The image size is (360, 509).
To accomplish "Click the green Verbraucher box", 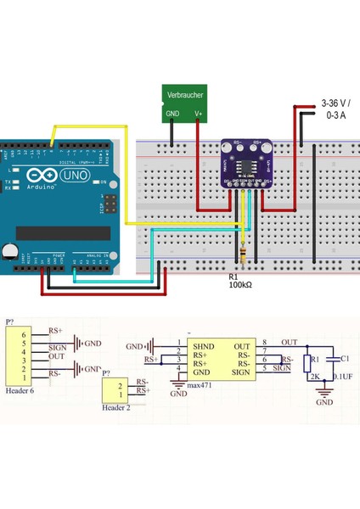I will [x=185, y=101].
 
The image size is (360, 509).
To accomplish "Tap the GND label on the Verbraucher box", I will [x=172, y=113].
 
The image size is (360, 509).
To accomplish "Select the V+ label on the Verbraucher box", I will [x=198, y=113].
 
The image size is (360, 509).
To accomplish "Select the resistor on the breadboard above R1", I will [x=244, y=254].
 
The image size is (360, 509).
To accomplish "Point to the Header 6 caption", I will [x=20, y=391].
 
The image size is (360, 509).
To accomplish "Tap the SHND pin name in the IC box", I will [x=204, y=346].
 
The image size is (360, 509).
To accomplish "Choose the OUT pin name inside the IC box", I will [x=242, y=346].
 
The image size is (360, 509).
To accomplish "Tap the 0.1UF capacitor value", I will [x=344, y=376].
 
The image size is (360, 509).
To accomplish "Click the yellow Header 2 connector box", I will [x=115, y=390].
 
